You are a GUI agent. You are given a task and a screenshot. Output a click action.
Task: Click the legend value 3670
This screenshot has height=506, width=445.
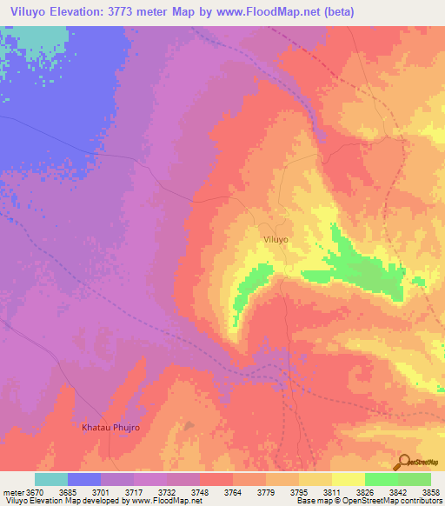32,493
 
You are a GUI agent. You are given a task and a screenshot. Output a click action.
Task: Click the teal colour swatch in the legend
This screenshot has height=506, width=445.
51,479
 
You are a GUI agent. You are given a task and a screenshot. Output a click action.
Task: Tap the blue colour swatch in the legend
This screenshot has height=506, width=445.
84,479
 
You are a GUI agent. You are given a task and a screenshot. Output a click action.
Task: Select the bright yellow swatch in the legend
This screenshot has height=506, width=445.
349,479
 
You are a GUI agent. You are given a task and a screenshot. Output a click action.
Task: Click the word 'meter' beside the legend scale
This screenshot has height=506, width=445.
11,493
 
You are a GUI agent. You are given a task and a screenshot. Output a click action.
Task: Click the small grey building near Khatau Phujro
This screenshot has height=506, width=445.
189,427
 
